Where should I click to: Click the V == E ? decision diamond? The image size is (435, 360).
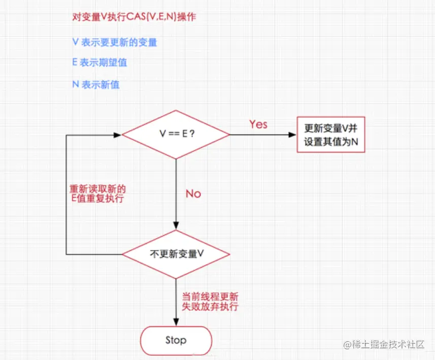click(x=176, y=135)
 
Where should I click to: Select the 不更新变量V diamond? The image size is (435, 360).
click(x=176, y=254)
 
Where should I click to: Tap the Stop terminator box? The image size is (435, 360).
click(x=176, y=340)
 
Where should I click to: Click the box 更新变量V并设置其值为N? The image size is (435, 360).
click(x=331, y=135)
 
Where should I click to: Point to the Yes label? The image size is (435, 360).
click(x=258, y=124)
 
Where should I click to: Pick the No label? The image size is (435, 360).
click(x=193, y=193)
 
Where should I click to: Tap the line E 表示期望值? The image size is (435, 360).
click(x=99, y=62)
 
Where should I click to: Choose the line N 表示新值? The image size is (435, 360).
click(x=96, y=84)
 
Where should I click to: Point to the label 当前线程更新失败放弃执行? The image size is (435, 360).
click(x=210, y=302)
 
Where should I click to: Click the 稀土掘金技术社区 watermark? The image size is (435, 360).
click(x=384, y=344)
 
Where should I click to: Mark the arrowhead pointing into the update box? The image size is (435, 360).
click(x=292, y=135)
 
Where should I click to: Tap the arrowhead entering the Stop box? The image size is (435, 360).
click(x=176, y=322)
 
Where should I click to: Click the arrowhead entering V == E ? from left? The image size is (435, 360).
click(x=118, y=135)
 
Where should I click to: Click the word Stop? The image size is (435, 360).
click(x=176, y=340)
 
